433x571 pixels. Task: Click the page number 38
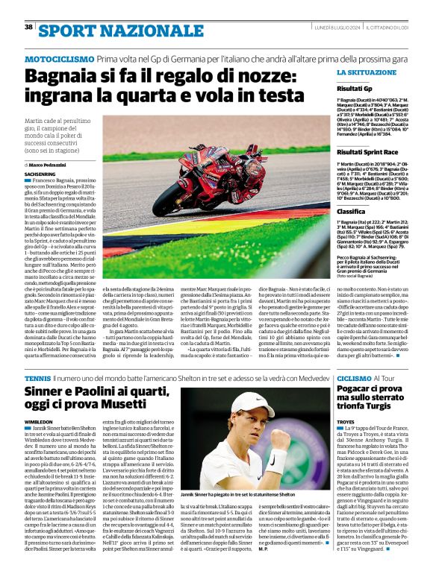click(x=29, y=27)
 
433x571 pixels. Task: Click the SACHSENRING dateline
click(x=45, y=173)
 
